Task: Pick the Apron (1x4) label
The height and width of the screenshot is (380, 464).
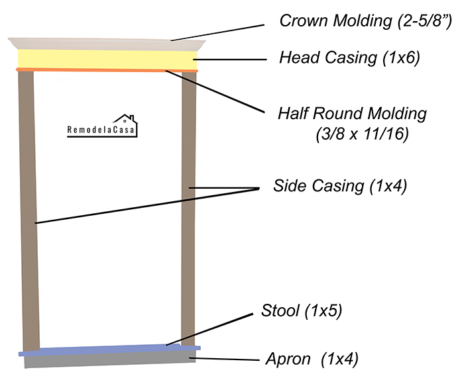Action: click(x=311, y=359)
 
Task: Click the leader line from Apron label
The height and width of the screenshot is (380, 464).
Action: click(x=225, y=359)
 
